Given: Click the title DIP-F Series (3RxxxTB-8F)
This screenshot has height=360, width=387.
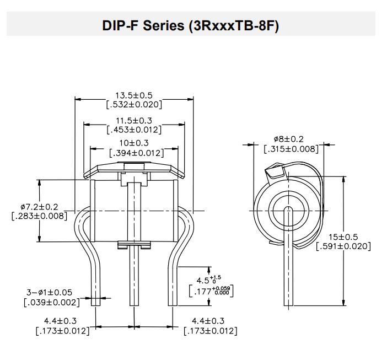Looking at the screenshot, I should tap(190, 26).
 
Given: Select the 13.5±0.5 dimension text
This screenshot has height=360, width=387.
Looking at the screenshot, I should tap(133, 95).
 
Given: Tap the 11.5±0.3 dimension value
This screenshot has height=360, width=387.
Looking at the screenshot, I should tap(133, 120).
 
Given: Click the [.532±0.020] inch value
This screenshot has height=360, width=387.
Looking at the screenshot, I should tap(133, 104).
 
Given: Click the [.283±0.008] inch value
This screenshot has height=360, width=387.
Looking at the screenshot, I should tap(39, 216).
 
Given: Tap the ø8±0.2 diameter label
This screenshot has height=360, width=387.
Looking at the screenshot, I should tap(288, 139).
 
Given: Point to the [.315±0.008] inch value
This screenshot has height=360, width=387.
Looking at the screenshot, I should tap(291, 149).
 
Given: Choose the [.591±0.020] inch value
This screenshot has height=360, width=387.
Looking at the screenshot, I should tap(343, 246).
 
